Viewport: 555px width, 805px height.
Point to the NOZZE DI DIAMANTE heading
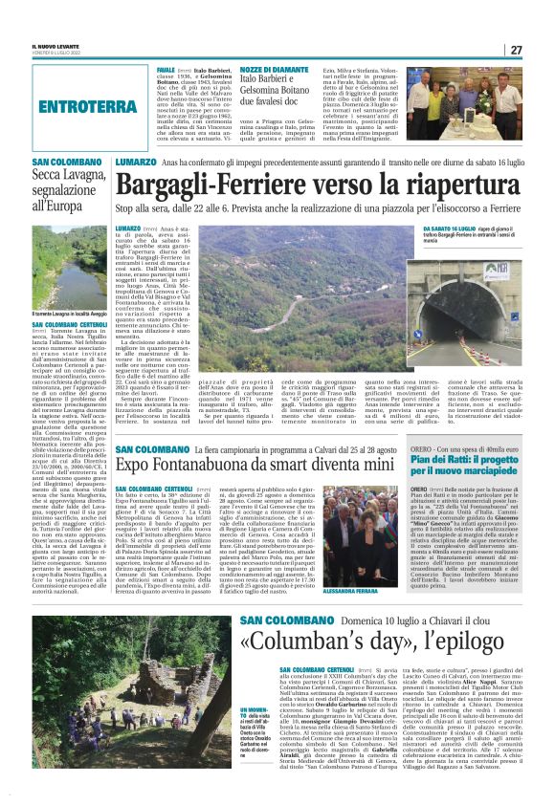(x=245, y=71)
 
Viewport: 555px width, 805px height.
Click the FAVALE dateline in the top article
(x=166, y=71)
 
